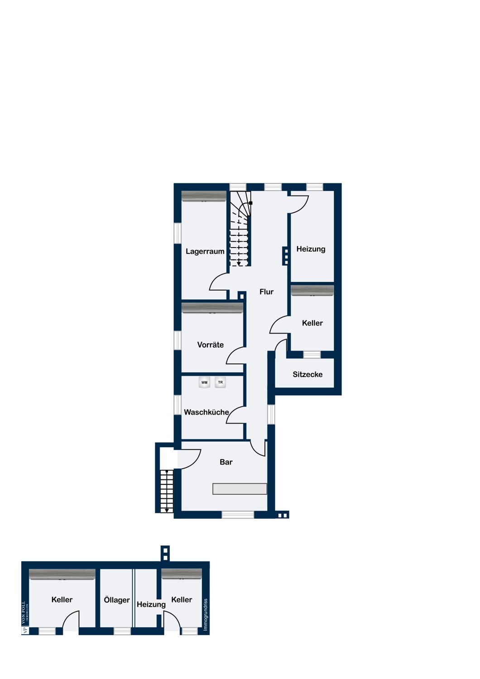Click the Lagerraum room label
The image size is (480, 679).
tap(205, 251)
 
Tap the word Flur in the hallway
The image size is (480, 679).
tap(266, 292)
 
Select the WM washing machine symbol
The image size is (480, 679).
tap(204, 382)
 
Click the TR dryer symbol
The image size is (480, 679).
tap(220, 382)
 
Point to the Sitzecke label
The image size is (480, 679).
tap(307, 374)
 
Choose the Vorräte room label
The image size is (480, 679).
tap(210, 344)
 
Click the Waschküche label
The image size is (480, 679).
tap(206, 412)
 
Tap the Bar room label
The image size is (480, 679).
tap(226, 462)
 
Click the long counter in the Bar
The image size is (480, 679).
tap(240, 489)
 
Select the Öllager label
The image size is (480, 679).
tap(117, 600)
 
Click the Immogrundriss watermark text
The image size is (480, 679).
tap(206, 615)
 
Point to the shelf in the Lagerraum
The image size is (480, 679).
tap(204, 196)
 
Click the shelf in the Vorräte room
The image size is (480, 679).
tap(212, 307)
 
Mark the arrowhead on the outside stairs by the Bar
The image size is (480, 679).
tap(167, 511)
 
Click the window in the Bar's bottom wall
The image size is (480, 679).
tap(238, 515)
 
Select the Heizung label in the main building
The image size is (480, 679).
tap(311, 249)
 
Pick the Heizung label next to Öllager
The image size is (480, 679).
tap(151, 604)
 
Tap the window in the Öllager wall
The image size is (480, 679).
tap(122, 631)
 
